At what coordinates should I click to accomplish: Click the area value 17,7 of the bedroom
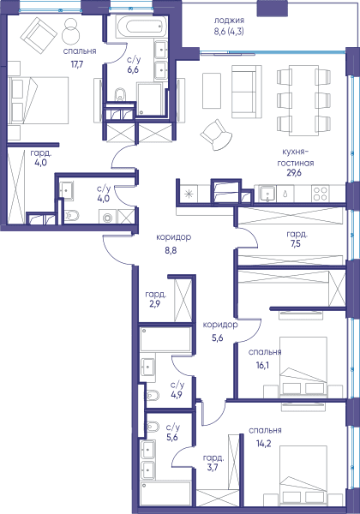tap(77, 64)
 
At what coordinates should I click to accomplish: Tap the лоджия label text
tap(229, 21)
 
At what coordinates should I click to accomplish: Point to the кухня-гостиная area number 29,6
tap(294, 173)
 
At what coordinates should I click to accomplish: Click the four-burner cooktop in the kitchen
tap(320, 193)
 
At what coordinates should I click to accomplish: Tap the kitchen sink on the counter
tap(267, 194)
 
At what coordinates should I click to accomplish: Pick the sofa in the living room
tap(247, 92)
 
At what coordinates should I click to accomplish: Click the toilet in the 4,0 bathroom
tap(72, 215)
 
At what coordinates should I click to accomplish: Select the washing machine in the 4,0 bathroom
tap(107, 218)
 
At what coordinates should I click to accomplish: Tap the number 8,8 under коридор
tap(171, 251)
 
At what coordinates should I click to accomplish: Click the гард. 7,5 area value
tap(296, 243)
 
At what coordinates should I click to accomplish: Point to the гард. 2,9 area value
tap(155, 304)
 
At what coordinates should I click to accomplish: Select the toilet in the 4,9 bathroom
tap(153, 396)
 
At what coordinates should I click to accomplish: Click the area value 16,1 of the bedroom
tap(262, 365)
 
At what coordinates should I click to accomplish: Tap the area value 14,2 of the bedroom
tap(264, 444)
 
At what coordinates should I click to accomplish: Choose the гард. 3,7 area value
tap(213, 468)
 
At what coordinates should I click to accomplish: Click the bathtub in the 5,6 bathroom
tap(165, 497)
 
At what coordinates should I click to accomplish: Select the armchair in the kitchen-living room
tap(216, 134)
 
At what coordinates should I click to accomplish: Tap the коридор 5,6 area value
tap(217, 338)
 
